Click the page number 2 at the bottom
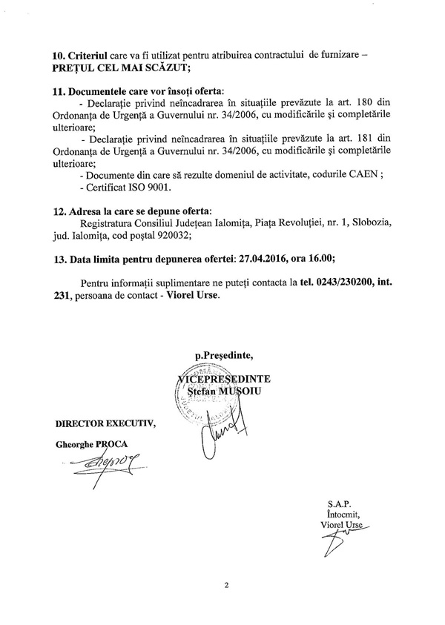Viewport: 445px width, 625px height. click(x=226, y=586)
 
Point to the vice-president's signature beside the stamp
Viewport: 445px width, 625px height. click(x=220, y=430)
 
